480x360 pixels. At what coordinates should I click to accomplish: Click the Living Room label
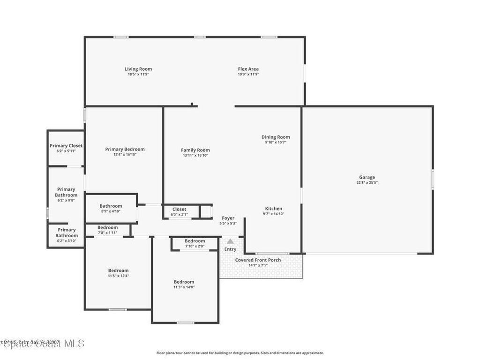coord(138,69)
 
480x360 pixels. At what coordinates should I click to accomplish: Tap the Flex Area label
coord(248,69)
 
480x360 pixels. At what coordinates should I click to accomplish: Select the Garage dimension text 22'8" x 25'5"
coord(367,183)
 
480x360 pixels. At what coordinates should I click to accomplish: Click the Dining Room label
coord(275,137)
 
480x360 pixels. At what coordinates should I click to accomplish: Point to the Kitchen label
coord(273,209)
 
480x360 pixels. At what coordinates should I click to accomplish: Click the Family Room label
coord(195,150)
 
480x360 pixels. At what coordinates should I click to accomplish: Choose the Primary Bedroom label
coord(125,149)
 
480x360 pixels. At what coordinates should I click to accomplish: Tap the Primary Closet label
coord(66,146)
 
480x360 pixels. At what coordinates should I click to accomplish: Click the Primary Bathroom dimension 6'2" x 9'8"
coord(66,201)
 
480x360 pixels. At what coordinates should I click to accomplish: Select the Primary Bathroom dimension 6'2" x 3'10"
coord(66,241)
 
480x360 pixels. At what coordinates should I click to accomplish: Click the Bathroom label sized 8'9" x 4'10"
coord(111,206)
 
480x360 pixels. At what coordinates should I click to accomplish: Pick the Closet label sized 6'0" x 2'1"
coord(179,209)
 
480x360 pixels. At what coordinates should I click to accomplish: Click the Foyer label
coord(228,218)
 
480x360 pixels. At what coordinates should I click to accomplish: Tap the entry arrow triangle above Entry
coord(230,241)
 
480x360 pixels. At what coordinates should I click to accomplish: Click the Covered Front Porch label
coord(258,260)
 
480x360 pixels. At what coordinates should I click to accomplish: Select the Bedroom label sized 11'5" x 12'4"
coord(118,270)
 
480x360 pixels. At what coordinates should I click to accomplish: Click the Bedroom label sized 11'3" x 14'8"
coord(184,282)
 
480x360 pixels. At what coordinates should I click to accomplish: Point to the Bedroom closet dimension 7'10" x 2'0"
coord(195,246)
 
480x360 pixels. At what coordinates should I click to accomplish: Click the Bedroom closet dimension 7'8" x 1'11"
coord(107,232)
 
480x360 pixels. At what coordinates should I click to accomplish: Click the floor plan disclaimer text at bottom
coord(240,353)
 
